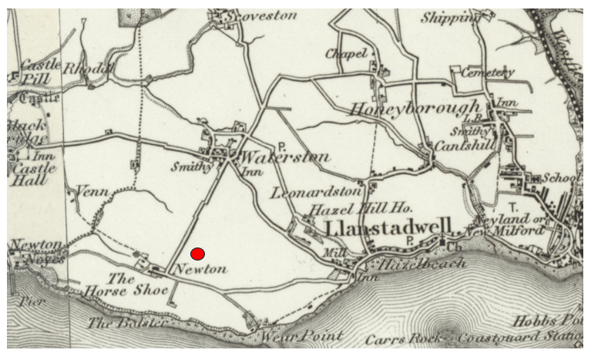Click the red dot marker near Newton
198,254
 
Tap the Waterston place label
286,157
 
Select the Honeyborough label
415,109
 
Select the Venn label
92,190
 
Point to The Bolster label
127,324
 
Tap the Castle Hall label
31,174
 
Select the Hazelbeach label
420,263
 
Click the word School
560,177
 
